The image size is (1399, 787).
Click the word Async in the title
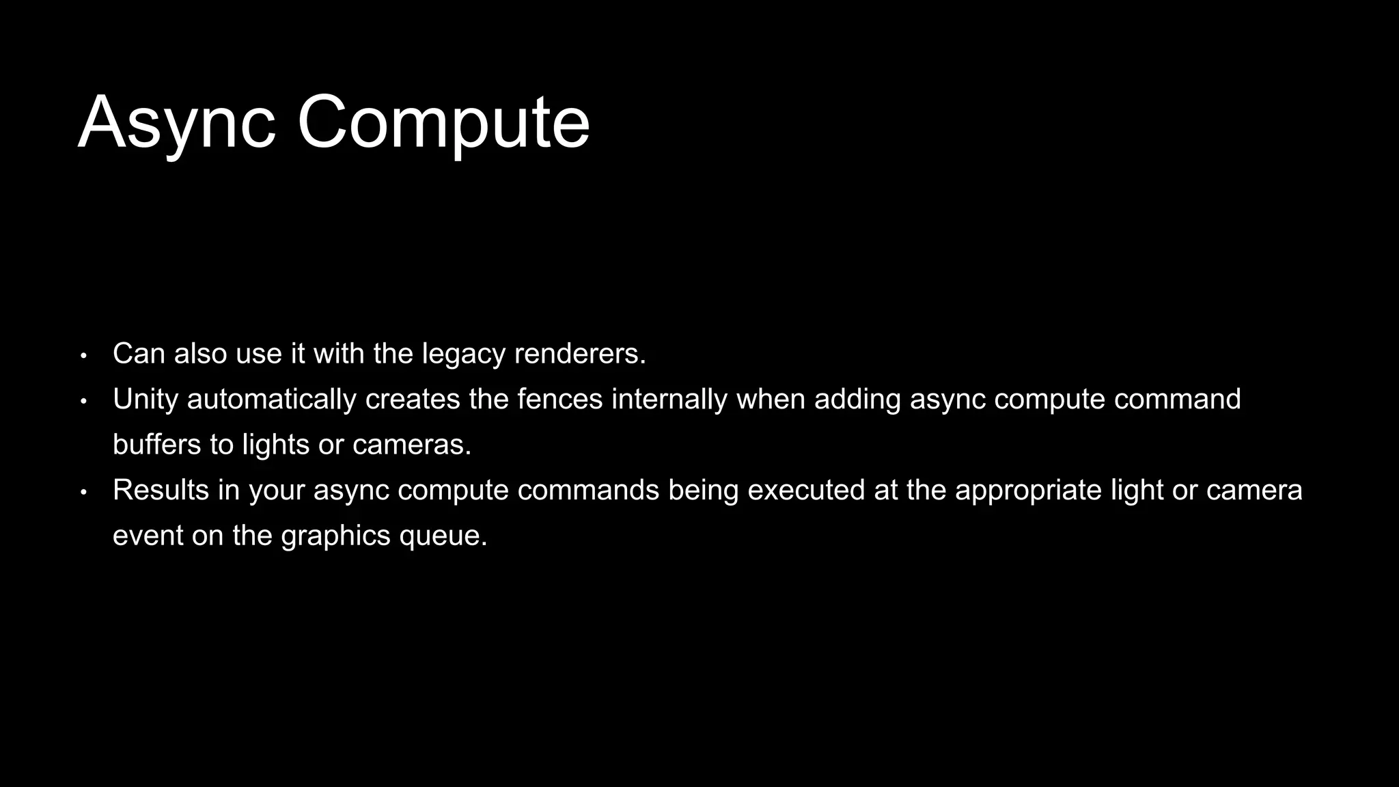177,123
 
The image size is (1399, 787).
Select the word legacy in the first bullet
463,354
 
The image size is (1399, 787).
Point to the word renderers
579,354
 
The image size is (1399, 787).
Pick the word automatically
271,400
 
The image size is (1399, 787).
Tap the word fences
559,400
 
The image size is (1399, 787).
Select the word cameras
412,445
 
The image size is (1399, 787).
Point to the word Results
161,491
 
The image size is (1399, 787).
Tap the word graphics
335,536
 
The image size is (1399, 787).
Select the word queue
443,536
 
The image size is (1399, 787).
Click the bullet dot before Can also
83,356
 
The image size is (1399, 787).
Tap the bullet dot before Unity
83,401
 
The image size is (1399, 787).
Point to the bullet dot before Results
83,492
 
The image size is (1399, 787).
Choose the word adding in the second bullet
857,400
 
